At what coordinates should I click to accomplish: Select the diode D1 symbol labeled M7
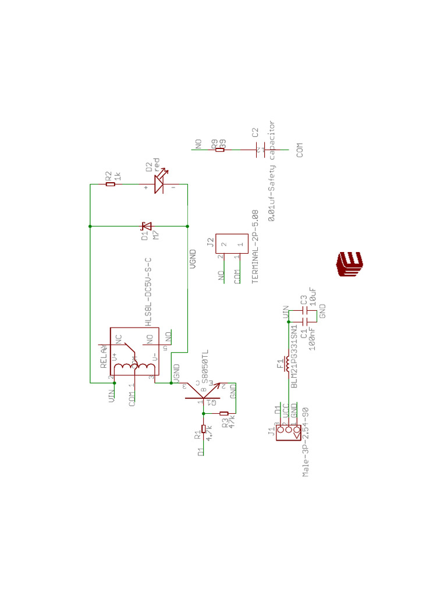click(147, 226)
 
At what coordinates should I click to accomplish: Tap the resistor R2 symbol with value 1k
click(111, 184)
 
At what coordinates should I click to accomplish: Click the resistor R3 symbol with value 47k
click(223, 413)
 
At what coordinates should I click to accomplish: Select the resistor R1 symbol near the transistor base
click(203, 429)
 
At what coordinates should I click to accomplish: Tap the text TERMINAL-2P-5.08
click(254, 247)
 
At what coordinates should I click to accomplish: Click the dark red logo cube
click(349, 264)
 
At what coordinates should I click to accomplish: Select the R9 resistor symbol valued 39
click(219, 150)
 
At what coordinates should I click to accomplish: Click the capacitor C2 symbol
click(260, 150)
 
